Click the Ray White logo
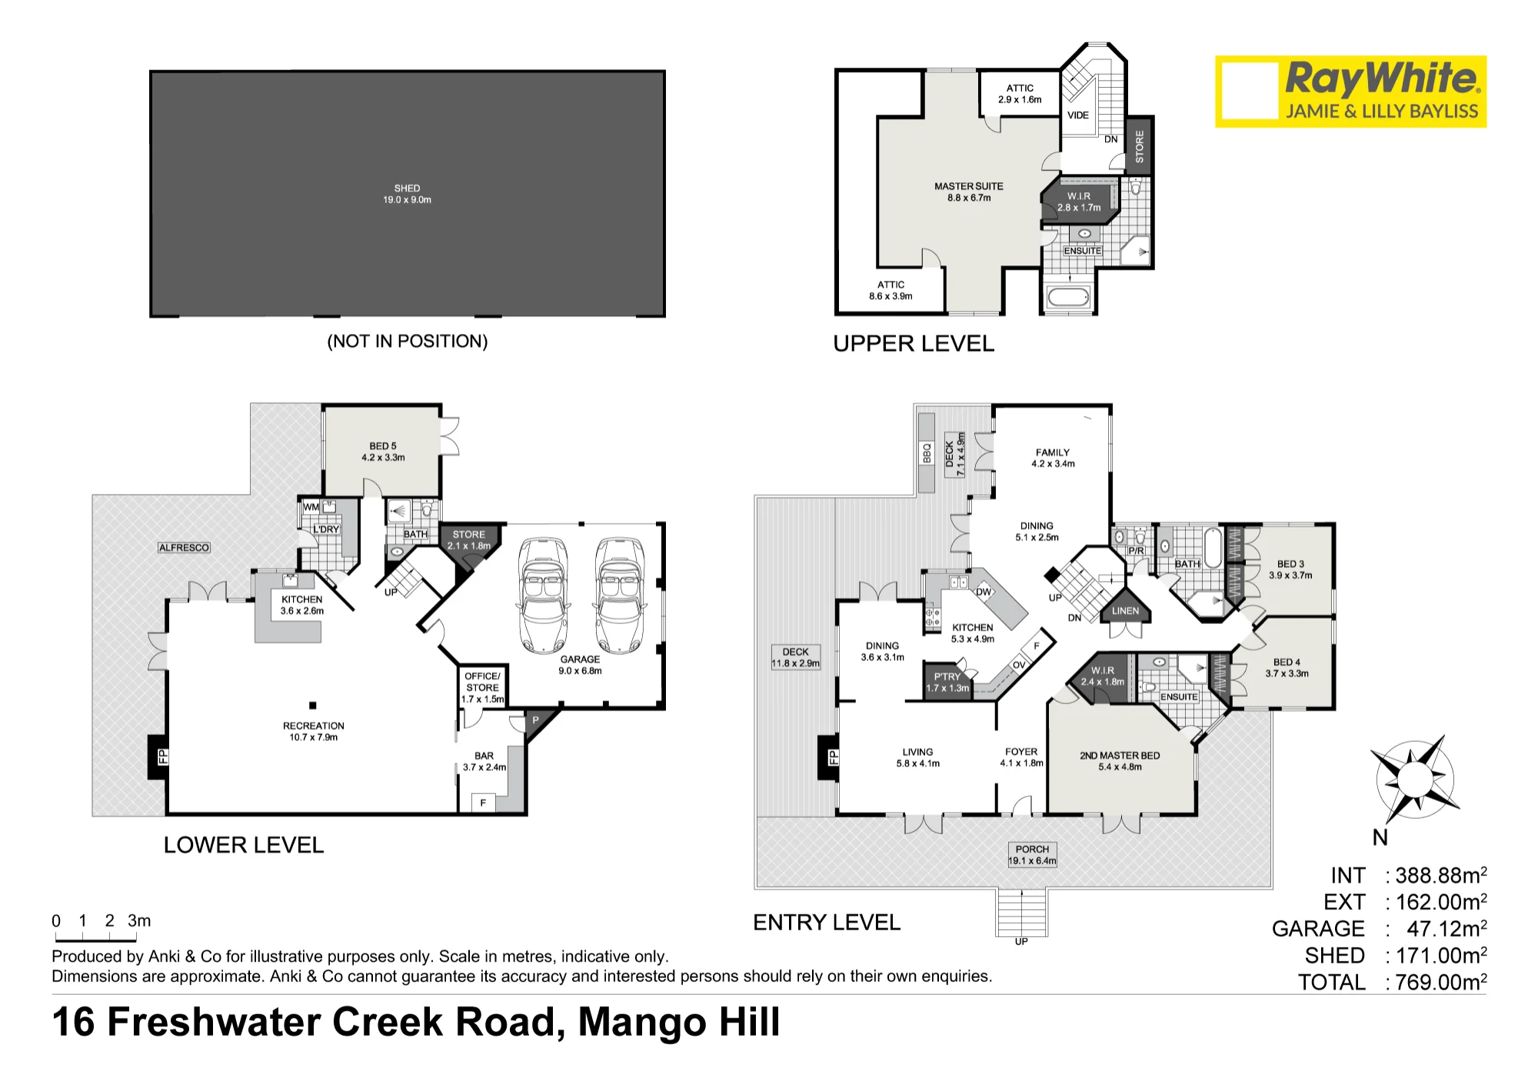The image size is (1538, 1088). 1350,92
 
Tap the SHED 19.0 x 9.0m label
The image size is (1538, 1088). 408,194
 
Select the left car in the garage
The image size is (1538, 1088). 544,595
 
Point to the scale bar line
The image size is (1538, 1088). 95,939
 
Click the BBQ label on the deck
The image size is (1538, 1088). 927,452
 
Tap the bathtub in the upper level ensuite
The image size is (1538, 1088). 1068,296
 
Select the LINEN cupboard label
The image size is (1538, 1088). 1125,611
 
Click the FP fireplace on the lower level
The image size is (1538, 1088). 158,756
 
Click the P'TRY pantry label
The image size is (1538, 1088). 947,683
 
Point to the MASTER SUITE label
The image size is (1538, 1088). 969,192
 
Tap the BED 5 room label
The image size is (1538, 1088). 383,452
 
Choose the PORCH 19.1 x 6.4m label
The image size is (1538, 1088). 1032,855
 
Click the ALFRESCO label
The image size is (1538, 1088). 184,548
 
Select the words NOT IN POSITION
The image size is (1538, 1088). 408,342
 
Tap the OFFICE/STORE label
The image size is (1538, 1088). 483,687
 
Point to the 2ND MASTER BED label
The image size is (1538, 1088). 1120,761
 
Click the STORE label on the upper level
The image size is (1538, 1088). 1140,146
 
